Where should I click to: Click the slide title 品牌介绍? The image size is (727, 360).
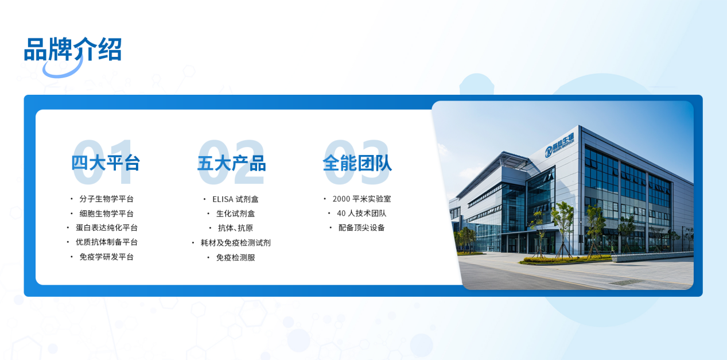click(x=73, y=49)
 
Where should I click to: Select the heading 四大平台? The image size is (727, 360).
click(x=106, y=162)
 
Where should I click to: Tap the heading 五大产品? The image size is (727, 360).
click(x=232, y=163)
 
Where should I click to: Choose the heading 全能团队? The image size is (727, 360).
click(x=357, y=163)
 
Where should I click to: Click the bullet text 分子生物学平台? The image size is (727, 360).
click(x=107, y=199)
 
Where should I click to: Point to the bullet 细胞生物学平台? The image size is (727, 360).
click(x=107, y=213)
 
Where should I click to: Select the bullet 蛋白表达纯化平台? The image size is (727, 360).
click(x=107, y=227)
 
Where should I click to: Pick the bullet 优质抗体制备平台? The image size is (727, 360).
click(x=107, y=242)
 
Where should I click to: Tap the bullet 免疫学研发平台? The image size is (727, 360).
click(x=107, y=257)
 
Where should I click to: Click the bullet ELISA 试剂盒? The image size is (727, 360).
click(x=235, y=199)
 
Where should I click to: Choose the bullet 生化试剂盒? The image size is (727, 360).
click(x=236, y=214)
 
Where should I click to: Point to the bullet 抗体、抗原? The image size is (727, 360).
click(x=235, y=228)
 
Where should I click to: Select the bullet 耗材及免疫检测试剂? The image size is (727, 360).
click(x=236, y=242)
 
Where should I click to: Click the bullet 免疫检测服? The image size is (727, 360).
click(x=236, y=257)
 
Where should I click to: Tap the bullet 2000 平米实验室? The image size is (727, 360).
click(x=361, y=199)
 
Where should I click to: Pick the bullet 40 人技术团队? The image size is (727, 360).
click(x=361, y=213)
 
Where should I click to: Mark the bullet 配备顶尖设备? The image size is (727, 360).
click(x=361, y=227)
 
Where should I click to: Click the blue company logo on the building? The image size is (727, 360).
click(x=559, y=145)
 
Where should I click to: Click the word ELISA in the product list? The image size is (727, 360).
click(x=223, y=199)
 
